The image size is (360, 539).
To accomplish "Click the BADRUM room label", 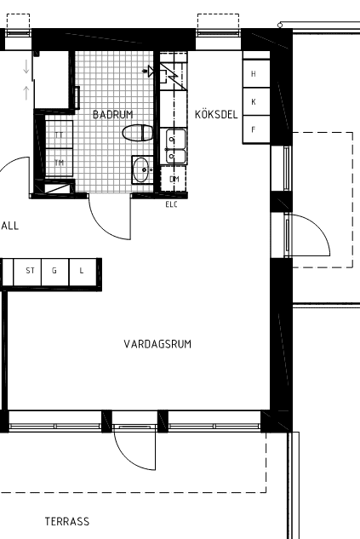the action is pyautogui.click(x=113, y=114).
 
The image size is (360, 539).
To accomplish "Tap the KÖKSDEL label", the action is pyautogui.click(x=216, y=114).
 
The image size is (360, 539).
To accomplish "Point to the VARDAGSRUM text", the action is pyautogui.click(x=157, y=344).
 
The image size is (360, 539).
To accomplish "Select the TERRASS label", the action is pyautogui.click(x=67, y=521).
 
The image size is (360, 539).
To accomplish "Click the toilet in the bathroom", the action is pyautogui.click(x=138, y=133).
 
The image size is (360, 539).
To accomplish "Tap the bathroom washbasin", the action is pyautogui.click(x=142, y=169).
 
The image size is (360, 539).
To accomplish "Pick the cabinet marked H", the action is pyautogui.click(x=256, y=73).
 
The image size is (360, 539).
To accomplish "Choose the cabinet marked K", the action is pyautogui.click(x=256, y=101).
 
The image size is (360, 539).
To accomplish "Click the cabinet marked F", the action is pyautogui.click(x=256, y=129).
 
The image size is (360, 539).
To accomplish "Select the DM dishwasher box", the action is pyautogui.click(x=174, y=179).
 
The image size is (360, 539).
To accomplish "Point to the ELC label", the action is pyautogui.click(x=171, y=204).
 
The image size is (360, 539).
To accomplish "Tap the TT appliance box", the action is pyautogui.click(x=59, y=135).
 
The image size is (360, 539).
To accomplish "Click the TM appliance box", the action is pyautogui.click(x=59, y=163).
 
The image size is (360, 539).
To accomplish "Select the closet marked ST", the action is pyautogui.click(x=27, y=272).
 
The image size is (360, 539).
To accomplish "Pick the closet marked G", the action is pyautogui.click(x=55, y=272).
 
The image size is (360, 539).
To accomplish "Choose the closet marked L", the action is pyautogui.click(x=83, y=272).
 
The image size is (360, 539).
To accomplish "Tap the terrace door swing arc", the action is pyautogui.click(x=126, y=459).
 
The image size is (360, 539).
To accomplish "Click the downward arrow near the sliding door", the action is pyautogui.click(x=26, y=66).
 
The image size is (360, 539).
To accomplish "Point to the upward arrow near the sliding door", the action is pyautogui.click(x=26, y=93).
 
